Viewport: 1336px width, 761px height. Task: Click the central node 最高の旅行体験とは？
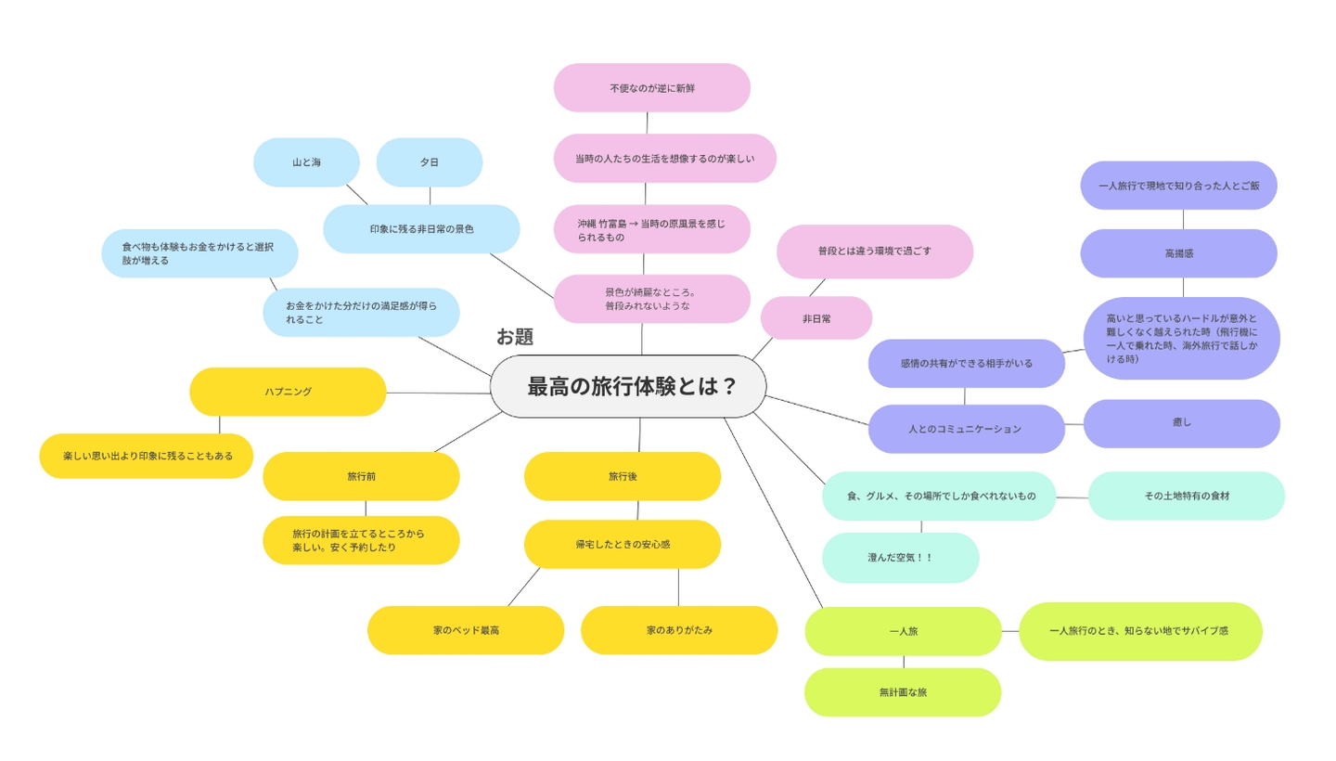628,386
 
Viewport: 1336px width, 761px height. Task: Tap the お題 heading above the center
515,336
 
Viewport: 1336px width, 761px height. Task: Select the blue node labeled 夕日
430,162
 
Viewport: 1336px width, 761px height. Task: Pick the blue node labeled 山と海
306,162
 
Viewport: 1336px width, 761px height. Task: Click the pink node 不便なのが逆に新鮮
652,88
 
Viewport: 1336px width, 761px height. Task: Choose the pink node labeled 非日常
816,318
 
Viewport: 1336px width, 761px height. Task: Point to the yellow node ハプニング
288,392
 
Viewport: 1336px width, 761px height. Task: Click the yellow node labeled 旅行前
361,476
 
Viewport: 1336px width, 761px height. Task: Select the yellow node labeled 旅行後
623,476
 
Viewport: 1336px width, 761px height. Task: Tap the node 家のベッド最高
466,630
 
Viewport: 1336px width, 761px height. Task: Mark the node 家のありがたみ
679,630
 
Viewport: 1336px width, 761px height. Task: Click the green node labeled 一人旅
903,631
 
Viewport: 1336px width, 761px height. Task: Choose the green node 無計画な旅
903,692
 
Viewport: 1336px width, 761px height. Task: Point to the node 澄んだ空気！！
901,558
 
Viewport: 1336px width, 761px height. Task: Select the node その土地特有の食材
1187,496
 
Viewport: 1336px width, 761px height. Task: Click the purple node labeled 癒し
1182,423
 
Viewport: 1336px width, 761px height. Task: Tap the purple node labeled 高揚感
1179,253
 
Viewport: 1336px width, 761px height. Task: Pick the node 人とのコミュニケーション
966,429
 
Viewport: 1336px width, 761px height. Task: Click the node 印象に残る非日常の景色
421,229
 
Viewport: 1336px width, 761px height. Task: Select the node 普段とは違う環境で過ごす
875,252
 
